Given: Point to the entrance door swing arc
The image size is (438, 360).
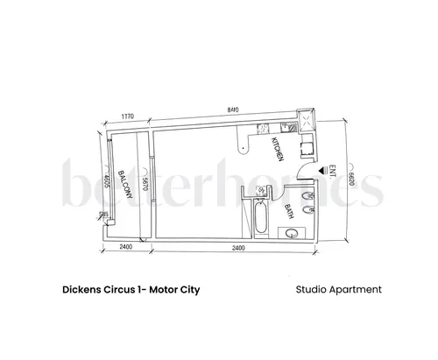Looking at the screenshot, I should point(305,173).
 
